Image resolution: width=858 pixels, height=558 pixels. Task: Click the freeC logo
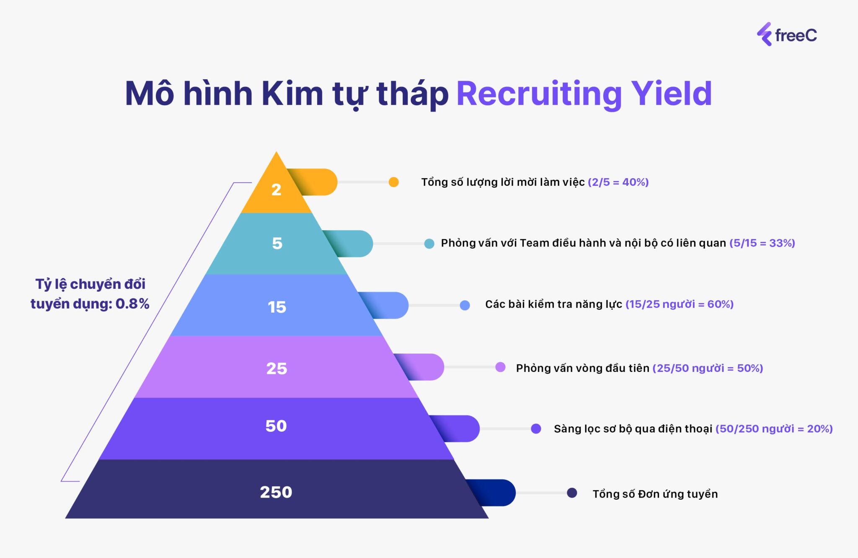point(786,34)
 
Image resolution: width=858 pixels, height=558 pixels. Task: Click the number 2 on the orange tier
point(276,190)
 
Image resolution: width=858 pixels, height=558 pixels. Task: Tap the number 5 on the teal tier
point(277,243)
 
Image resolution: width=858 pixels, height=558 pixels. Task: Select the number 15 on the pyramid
point(277,307)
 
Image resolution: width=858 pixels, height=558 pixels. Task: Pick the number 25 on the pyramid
point(277,369)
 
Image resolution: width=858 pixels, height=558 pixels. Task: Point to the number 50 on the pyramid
point(276,426)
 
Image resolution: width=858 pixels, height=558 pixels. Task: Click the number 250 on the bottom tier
point(276,492)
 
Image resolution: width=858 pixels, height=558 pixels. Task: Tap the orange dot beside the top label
point(393,182)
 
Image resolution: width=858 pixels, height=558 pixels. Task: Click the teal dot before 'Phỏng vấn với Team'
point(429,244)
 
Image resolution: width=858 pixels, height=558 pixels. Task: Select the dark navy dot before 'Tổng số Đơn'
point(572,493)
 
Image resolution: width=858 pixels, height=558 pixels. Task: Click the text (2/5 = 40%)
point(618,182)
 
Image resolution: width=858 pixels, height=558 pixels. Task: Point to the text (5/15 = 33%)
point(762,243)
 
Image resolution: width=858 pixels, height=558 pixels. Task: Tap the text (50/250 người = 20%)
point(774,428)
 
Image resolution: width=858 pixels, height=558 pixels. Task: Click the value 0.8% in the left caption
point(132,304)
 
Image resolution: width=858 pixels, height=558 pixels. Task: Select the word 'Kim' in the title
point(292,93)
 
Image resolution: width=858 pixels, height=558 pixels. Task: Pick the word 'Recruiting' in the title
point(539,94)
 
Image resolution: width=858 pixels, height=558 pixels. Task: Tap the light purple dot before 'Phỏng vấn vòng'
point(500,367)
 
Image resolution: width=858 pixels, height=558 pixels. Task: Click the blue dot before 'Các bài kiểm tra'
point(465,305)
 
